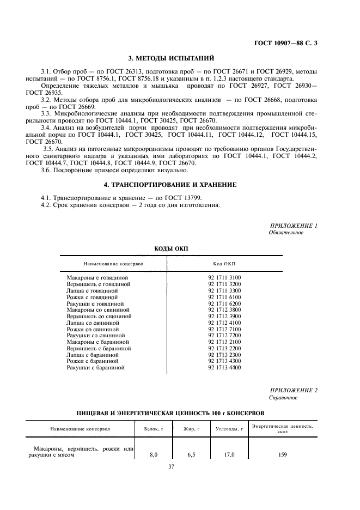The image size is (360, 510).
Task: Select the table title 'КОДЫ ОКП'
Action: (171, 248)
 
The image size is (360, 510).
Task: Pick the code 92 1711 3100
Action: (224, 277)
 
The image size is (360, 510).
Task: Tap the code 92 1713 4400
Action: (224, 368)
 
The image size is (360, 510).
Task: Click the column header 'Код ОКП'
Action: (224, 263)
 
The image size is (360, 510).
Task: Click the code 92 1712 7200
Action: (224, 336)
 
